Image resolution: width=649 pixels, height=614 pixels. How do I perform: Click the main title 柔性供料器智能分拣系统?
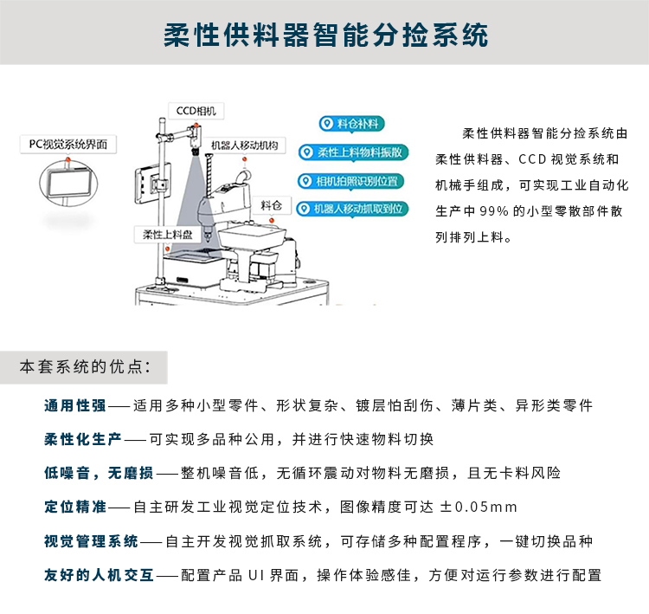(x=325, y=35)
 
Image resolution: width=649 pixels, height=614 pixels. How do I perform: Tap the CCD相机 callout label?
(x=196, y=111)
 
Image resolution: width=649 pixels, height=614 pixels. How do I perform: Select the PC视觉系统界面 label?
(x=68, y=144)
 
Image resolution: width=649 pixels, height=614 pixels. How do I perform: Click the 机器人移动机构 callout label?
(x=244, y=145)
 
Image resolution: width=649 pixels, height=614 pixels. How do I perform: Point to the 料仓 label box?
(x=272, y=205)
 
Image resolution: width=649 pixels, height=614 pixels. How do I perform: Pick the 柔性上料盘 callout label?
(x=167, y=235)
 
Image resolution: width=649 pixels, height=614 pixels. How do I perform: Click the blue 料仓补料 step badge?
(x=352, y=124)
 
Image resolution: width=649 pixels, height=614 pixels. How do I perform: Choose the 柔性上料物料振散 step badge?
(x=353, y=152)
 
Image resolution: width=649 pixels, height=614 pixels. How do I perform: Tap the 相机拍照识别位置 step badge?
(x=350, y=181)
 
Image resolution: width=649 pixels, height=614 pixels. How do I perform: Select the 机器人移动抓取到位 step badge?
(x=352, y=209)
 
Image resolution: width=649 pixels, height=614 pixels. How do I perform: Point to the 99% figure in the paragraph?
(x=494, y=211)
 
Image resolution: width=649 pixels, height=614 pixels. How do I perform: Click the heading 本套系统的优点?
(x=85, y=367)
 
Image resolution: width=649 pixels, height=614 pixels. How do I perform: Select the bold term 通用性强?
(x=75, y=405)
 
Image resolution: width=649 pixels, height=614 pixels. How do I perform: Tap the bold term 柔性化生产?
(x=83, y=439)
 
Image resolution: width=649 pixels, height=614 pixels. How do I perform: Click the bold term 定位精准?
(x=75, y=507)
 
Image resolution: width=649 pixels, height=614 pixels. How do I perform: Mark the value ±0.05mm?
(x=479, y=507)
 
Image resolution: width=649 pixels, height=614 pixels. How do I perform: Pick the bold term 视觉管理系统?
(x=91, y=541)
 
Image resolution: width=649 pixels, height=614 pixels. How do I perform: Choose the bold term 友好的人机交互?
(x=99, y=575)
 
